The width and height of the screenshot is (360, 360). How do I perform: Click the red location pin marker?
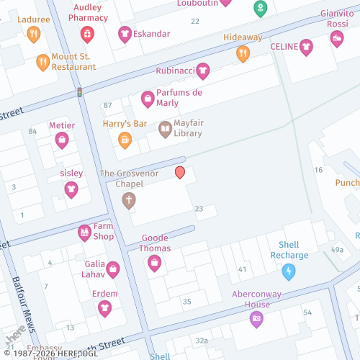(180, 172)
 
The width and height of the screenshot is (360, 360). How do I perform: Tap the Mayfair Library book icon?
(165, 129)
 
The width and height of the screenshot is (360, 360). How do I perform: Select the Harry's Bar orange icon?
(125, 140)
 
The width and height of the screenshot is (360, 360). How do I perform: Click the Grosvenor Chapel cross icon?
(128, 199)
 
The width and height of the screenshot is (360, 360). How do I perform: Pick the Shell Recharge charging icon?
(289, 271)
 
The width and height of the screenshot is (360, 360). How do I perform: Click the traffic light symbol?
(79, 92)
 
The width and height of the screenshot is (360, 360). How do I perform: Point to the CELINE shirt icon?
(307, 47)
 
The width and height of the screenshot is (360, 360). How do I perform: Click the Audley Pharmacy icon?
(87, 33)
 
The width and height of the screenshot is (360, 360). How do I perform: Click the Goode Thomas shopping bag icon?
(154, 264)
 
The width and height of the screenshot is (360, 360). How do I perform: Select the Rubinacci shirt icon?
(203, 71)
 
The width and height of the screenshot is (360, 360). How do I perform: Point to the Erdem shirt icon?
(104, 308)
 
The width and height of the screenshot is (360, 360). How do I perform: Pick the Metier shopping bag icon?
(62, 139)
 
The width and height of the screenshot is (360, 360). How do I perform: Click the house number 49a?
(337, 249)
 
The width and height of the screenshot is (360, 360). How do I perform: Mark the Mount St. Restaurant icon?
(43, 61)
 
